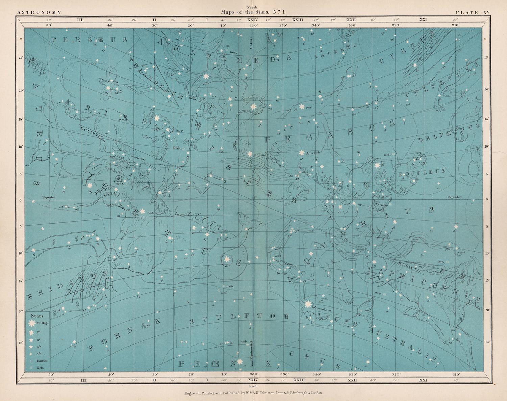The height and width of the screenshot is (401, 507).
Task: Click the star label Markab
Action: point(313,153)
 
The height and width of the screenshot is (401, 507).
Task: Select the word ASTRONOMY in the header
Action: point(39,12)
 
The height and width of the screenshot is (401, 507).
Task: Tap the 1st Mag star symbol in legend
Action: point(31,323)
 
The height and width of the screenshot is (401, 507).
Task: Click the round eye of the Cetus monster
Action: point(118,179)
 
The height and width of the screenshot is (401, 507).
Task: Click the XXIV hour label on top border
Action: point(253,20)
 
